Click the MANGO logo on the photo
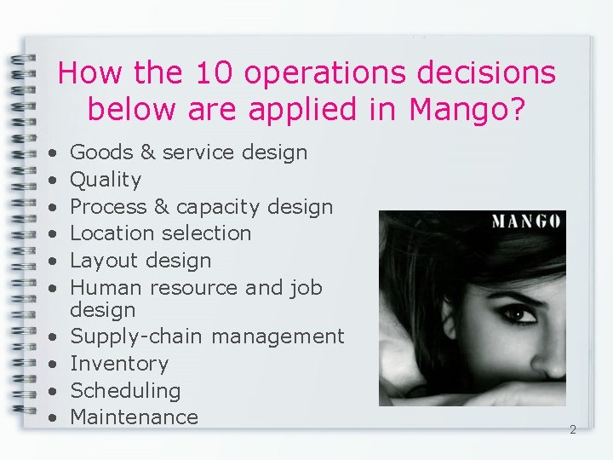click(x=525, y=222)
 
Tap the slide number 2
click(x=572, y=430)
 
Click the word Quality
click(x=106, y=180)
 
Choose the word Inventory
click(x=119, y=364)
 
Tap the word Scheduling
click(x=125, y=391)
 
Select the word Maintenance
click(x=134, y=417)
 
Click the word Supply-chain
click(x=136, y=336)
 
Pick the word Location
click(x=109, y=233)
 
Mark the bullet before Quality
click(x=52, y=181)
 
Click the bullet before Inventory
click(x=52, y=365)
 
